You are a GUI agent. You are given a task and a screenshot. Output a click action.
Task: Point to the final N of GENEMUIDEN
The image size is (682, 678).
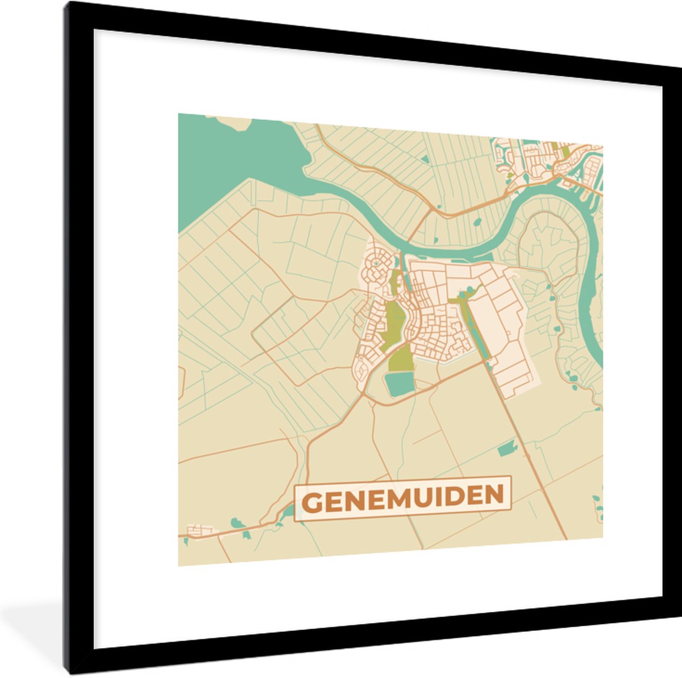pos(495,494)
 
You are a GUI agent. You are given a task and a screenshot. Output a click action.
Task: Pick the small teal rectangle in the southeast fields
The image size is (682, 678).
pos(505,450)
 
